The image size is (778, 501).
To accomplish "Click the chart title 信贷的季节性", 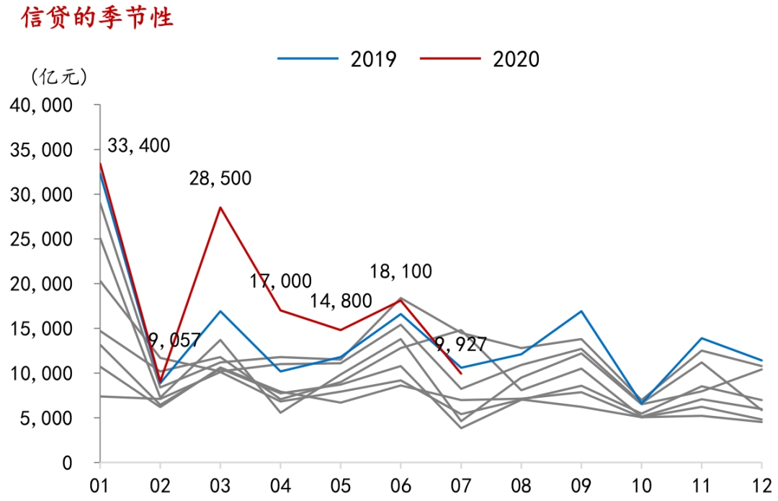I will click(x=98, y=18).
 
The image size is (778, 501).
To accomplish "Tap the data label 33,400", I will click(x=139, y=146).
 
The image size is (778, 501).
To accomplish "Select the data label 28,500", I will click(x=220, y=178).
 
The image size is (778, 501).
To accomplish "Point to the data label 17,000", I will click(x=281, y=281).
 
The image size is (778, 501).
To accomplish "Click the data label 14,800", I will click(x=341, y=301).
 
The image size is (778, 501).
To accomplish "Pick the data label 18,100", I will click(x=401, y=272).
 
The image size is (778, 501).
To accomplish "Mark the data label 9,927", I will click(x=461, y=345).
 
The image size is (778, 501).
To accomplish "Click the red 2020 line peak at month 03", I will click(x=220, y=208).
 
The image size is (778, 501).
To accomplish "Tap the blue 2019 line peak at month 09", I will click(x=581, y=311).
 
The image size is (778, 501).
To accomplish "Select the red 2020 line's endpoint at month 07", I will click(x=461, y=373).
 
